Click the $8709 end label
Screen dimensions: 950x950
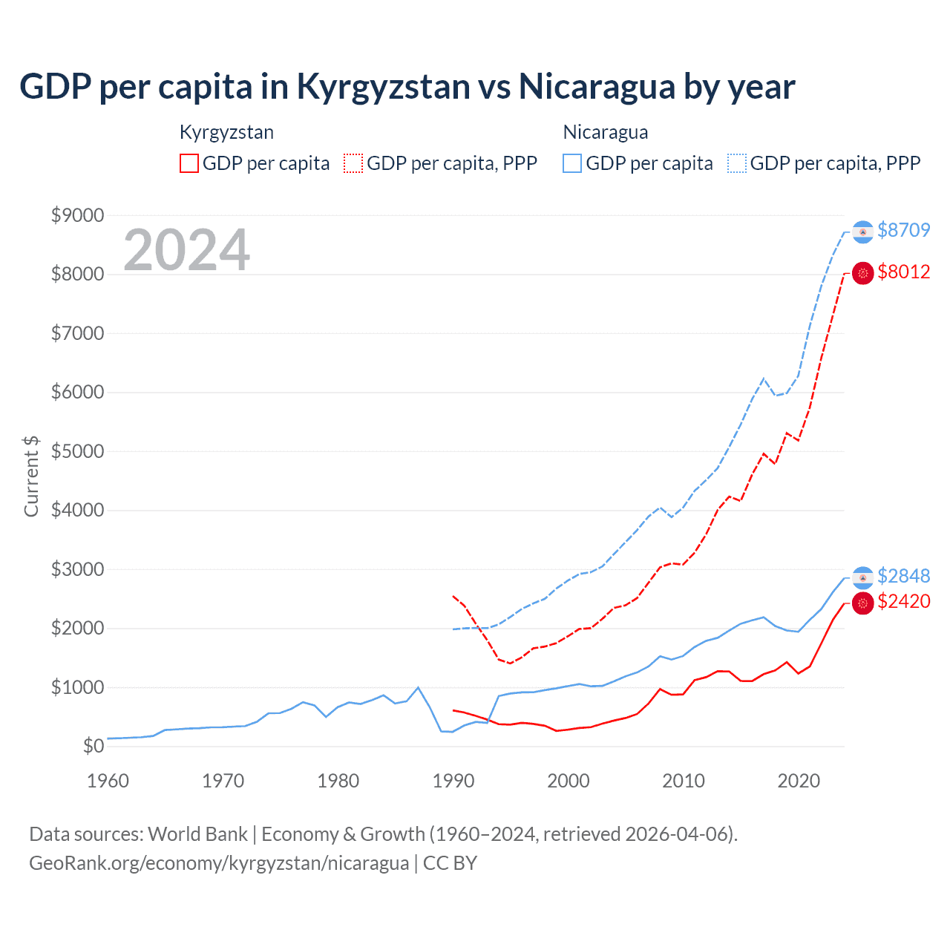point(903,230)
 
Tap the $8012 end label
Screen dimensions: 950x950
point(903,272)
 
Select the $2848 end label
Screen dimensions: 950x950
point(903,576)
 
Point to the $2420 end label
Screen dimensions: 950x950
point(903,601)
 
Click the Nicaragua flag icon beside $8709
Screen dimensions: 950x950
point(862,232)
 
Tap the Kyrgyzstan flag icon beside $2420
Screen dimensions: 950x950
point(862,603)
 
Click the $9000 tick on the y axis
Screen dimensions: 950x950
point(77,215)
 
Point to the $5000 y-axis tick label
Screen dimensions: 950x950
point(77,451)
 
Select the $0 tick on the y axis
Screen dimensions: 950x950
point(93,746)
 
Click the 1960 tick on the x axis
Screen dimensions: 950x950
point(108,781)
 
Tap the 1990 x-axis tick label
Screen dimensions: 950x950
point(453,781)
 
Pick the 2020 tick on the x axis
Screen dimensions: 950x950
point(799,781)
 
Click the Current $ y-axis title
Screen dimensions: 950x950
point(31,476)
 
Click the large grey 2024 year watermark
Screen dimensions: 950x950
point(186,250)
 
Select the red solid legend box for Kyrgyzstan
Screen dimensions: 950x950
point(189,163)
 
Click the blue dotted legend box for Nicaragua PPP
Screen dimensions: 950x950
point(737,163)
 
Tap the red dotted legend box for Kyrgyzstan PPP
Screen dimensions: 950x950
point(354,163)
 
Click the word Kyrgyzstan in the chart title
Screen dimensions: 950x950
point(384,87)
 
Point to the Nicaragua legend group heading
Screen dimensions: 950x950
point(606,132)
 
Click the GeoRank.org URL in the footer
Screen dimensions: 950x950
point(219,863)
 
